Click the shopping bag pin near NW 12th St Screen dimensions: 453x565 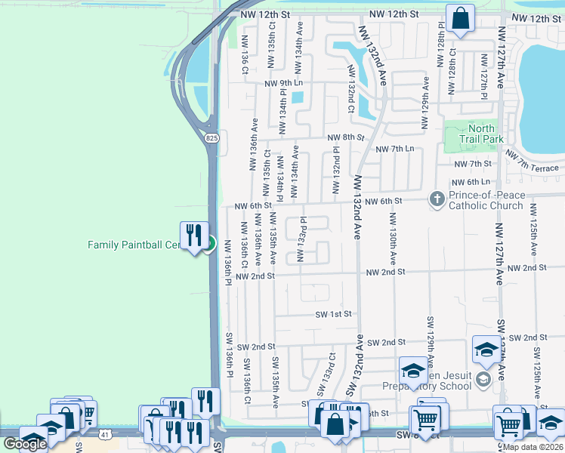pos(460,19)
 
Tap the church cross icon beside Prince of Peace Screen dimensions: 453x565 pos(437,199)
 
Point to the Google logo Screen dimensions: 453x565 pos(24,444)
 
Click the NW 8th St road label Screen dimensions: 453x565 pos(346,137)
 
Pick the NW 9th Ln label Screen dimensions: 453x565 pos(283,84)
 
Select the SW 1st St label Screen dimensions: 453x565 pos(335,314)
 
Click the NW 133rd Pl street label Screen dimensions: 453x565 pos(301,240)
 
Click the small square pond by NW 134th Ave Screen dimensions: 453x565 pos(297,97)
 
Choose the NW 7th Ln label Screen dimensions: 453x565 pos(395,149)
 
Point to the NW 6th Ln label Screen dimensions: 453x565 pos(470,183)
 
